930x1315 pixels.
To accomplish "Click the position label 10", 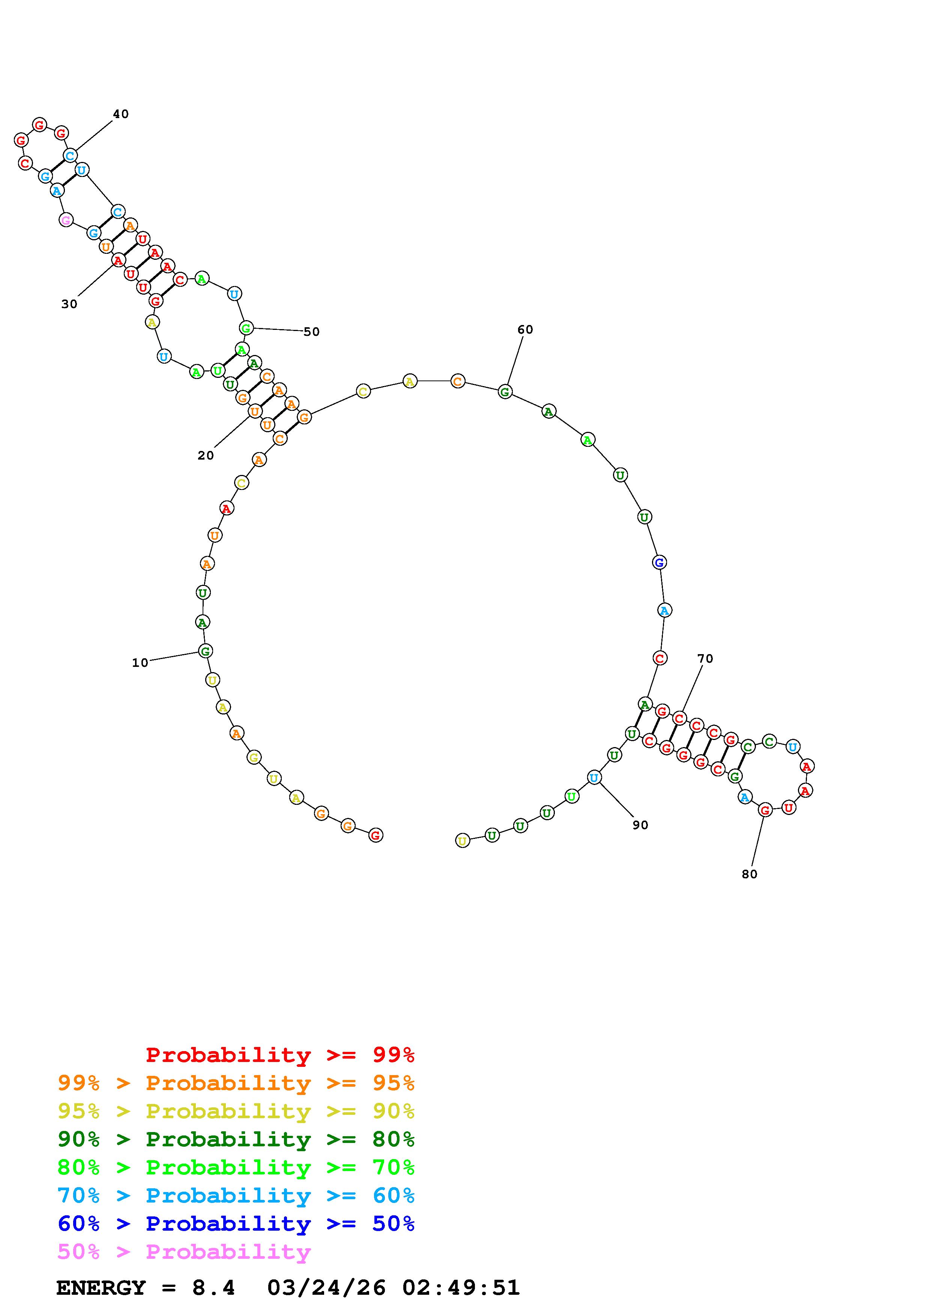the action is pos(140,663).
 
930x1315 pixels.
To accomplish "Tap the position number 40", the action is pos(120,114).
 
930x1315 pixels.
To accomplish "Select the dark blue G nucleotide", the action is pos(659,562).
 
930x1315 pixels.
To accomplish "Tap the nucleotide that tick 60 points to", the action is pos(505,392).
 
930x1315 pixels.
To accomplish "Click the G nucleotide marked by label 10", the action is pos(205,651).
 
